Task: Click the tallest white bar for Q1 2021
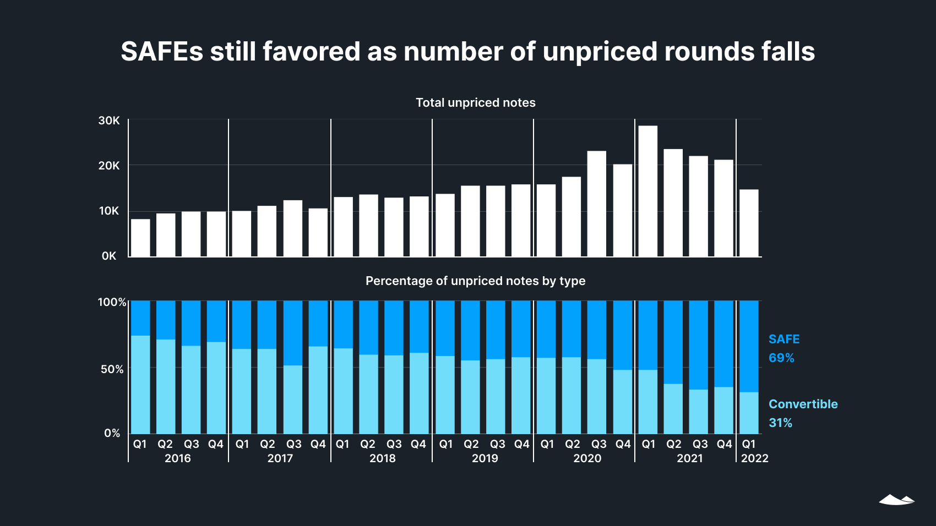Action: pyautogui.click(x=647, y=191)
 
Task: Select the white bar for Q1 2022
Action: pyautogui.click(x=749, y=223)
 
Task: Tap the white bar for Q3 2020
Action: pyautogui.click(x=596, y=204)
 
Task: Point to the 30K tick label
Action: pyautogui.click(x=109, y=120)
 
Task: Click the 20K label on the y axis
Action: pyautogui.click(x=109, y=166)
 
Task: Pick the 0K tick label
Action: pyautogui.click(x=109, y=256)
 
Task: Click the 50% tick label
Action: pyautogui.click(x=112, y=369)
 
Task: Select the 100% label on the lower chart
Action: pyautogui.click(x=112, y=302)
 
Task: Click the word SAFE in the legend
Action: pyautogui.click(x=784, y=339)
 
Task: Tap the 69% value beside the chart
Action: pyautogui.click(x=781, y=358)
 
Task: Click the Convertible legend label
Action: pyautogui.click(x=803, y=404)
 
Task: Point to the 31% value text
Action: pyautogui.click(x=780, y=423)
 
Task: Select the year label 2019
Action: pyautogui.click(x=485, y=458)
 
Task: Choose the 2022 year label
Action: pyautogui.click(x=754, y=458)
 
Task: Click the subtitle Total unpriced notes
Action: pyautogui.click(x=475, y=103)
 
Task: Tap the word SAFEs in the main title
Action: pyautogui.click(x=161, y=52)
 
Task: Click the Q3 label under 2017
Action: pyautogui.click(x=293, y=444)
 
